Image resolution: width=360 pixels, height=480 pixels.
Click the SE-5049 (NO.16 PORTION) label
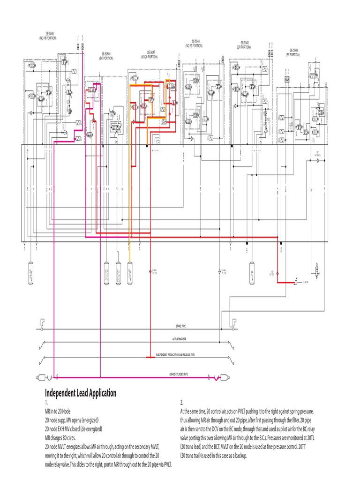[x=48, y=36]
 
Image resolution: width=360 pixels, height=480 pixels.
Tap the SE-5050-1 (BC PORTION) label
[x=106, y=56]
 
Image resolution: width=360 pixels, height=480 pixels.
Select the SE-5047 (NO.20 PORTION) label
[x=151, y=54]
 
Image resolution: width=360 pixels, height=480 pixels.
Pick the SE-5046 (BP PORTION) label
[x=293, y=52]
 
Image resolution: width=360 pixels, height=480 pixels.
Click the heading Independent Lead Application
[x=81, y=393]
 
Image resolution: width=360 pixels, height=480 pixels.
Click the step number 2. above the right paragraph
[x=182, y=403]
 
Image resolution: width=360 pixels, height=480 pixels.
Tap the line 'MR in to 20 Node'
[x=60, y=411]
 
